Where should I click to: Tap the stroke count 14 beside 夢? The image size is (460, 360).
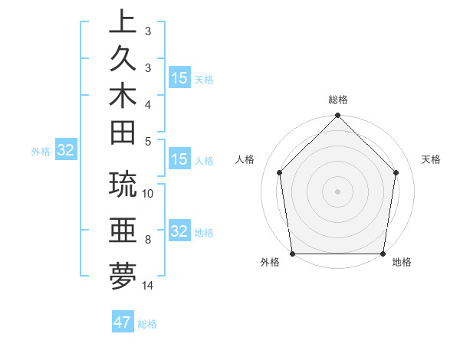(x=148, y=286)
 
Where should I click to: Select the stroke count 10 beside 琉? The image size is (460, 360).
(x=148, y=193)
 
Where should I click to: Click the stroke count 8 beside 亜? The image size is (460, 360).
(x=147, y=240)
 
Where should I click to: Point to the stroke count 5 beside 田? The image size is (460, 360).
(x=147, y=141)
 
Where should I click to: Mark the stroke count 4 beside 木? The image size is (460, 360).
(x=147, y=103)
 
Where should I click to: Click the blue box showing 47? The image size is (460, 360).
(x=123, y=322)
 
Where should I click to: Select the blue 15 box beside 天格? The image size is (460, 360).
(x=179, y=78)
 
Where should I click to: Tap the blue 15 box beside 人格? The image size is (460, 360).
(x=179, y=160)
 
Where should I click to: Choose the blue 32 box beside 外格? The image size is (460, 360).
(x=66, y=151)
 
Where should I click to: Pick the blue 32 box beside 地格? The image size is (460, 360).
(x=179, y=232)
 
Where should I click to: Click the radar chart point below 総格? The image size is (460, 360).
(x=337, y=116)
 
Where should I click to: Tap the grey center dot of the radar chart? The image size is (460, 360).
(x=337, y=191)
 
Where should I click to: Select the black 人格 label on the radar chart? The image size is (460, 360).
(x=245, y=159)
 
